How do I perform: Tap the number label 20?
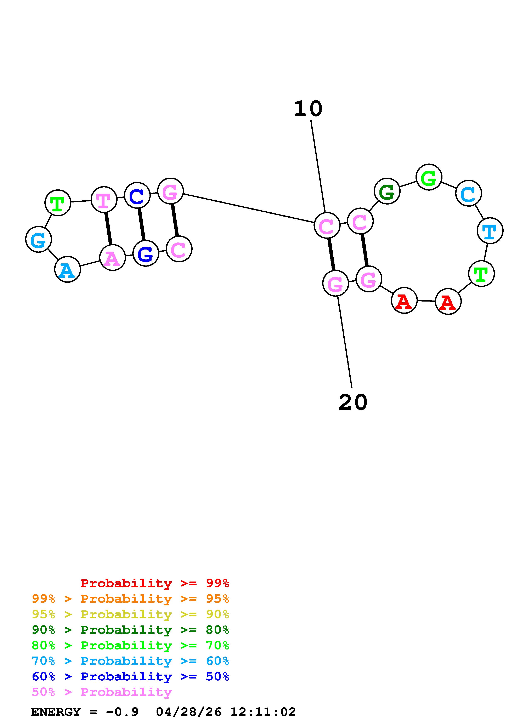click(x=353, y=402)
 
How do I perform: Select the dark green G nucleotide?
click(x=387, y=191)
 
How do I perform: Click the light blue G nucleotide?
click(x=38, y=240)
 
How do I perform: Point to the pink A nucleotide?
click(x=112, y=258)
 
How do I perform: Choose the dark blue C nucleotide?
click(x=137, y=196)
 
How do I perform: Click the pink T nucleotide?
click(x=103, y=200)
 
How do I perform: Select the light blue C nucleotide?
click(x=468, y=193)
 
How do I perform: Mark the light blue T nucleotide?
click(x=490, y=231)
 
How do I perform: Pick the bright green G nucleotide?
click(x=429, y=177)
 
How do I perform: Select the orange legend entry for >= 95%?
click(x=130, y=599)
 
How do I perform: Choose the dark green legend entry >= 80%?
click(x=130, y=630)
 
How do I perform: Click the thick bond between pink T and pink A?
click(x=108, y=228)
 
